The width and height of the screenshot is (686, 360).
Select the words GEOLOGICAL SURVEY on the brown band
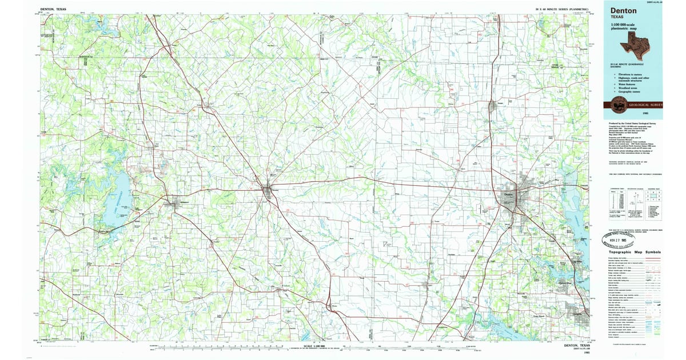(643, 105)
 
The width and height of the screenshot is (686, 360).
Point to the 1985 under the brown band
(645, 114)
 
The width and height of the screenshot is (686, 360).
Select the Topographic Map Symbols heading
(635, 251)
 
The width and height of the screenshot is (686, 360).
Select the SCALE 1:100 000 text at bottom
(316, 345)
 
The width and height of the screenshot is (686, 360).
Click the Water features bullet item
(626, 85)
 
